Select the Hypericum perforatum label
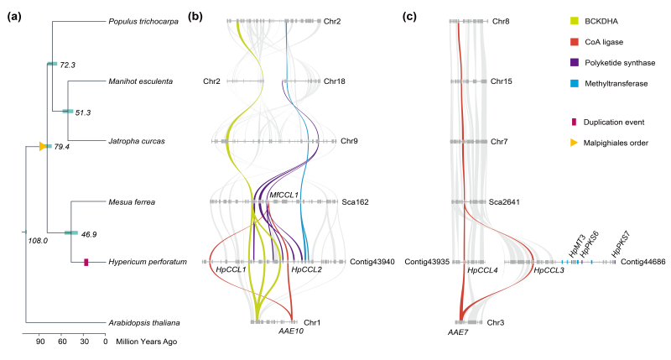[x=148, y=263]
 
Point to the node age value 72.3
[x=67, y=65]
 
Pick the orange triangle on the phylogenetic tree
[x=43, y=146]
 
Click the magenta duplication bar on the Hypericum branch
[x=86, y=263]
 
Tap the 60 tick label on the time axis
[x=61, y=342]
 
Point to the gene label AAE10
[x=289, y=332]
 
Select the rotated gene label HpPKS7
[x=617, y=243]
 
